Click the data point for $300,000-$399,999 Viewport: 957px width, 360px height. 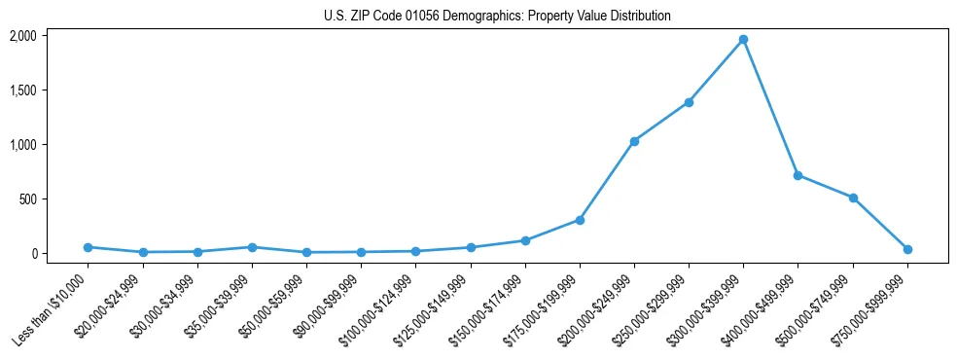743,40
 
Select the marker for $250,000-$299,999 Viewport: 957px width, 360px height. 689,102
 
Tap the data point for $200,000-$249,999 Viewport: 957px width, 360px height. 634,141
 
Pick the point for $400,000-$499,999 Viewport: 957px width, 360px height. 797,175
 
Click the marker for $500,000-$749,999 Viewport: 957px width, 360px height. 853,198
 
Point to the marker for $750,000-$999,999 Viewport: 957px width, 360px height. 907,249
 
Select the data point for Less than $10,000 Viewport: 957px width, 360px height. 88,247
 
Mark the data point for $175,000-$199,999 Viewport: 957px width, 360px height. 580,220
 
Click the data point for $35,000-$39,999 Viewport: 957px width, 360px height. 252,247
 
